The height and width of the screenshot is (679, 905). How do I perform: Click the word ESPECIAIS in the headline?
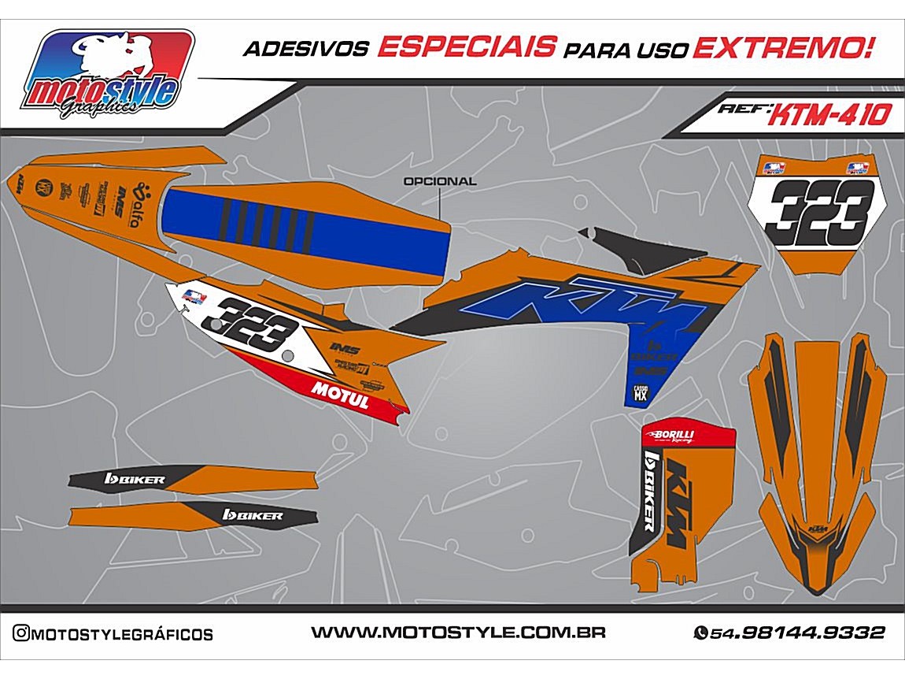467,48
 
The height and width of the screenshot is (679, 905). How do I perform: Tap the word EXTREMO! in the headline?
781,48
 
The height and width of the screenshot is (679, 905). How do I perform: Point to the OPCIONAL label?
439,181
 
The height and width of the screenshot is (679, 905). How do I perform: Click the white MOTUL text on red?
340,393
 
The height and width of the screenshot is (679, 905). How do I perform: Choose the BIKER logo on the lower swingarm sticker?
253,515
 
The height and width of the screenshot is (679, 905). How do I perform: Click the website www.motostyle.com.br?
458,633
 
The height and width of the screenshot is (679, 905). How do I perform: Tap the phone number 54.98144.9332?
797,633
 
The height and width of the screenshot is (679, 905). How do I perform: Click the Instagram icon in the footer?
22,633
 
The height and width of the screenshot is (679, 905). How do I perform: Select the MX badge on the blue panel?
641,392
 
